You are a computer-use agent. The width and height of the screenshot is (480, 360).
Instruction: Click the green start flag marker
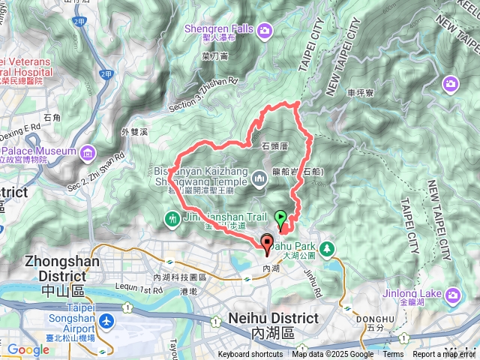(281, 219)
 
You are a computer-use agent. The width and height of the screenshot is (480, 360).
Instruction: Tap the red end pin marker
(266, 242)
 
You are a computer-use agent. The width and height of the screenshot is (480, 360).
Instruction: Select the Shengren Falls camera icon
(265, 30)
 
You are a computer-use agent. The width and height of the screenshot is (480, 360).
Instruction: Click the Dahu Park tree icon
(327, 247)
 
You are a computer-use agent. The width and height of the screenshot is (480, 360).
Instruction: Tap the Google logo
(28, 349)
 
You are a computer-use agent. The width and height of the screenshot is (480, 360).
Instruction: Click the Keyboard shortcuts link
(250, 355)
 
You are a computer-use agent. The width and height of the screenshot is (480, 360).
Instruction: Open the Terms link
(393, 355)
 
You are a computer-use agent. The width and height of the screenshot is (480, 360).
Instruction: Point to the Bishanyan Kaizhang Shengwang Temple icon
(259, 178)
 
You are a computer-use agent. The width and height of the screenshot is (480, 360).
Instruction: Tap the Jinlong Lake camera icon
(452, 293)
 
